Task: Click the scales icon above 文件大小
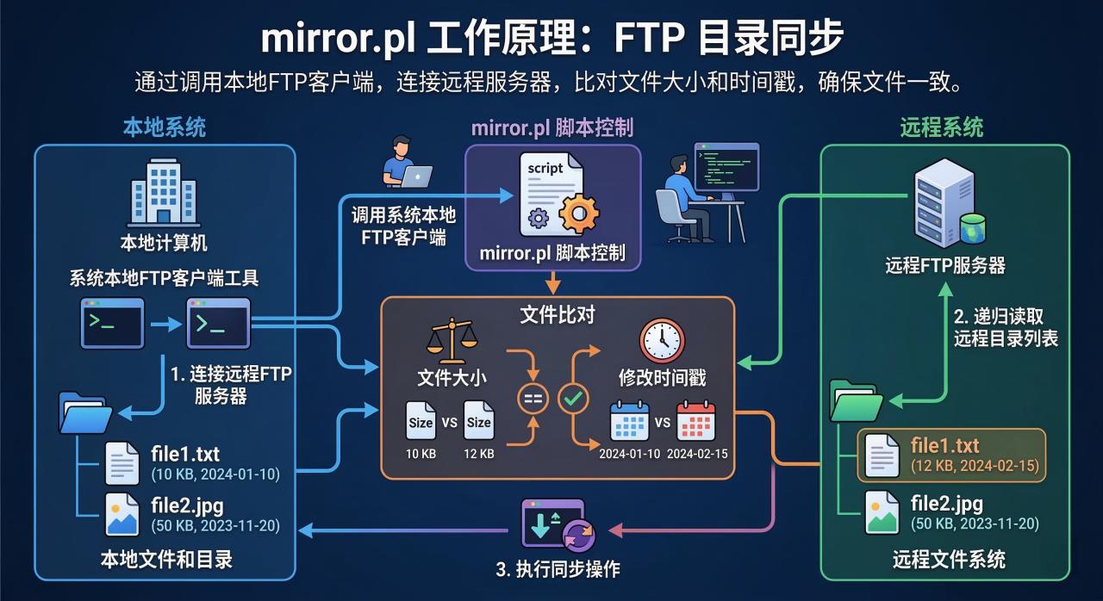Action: click(451, 341)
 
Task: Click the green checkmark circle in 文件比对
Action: click(573, 398)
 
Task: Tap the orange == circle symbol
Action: click(532, 398)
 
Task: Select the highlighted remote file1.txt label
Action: click(944, 446)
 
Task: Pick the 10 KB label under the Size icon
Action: click(421, 454)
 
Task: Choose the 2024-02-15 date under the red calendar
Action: click(696, 454)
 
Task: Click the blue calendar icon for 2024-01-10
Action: click(629, 422)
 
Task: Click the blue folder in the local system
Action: click(84, 412)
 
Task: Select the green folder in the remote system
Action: click(855, 400)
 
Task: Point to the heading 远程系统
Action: click(941, 128)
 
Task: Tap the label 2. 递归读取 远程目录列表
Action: click(1006, 327)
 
